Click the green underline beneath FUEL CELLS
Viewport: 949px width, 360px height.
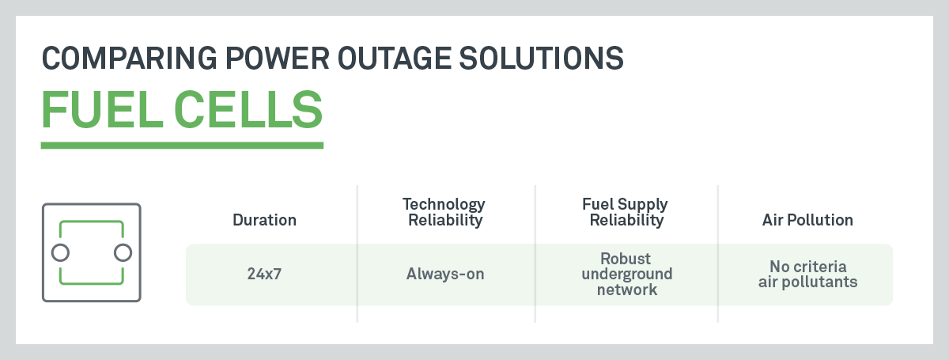tap(182, 146)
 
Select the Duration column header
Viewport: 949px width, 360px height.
tap(264, 221)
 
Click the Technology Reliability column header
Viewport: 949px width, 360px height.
tap(444, 213)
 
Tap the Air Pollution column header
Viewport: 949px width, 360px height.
tap(807, 221)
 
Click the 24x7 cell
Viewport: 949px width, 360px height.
tap(264, 275)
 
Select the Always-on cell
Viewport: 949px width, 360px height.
tap(444, 275)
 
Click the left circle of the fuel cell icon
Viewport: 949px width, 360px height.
tap(59, 252)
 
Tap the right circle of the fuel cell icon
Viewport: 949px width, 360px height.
tap(122, 252)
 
